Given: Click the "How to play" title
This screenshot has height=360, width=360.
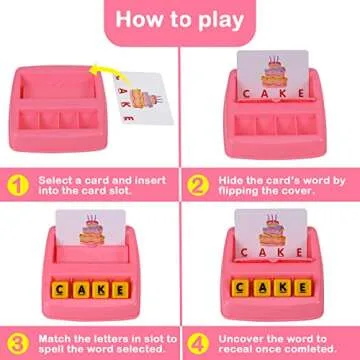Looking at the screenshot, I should click(x=180, y=19).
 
